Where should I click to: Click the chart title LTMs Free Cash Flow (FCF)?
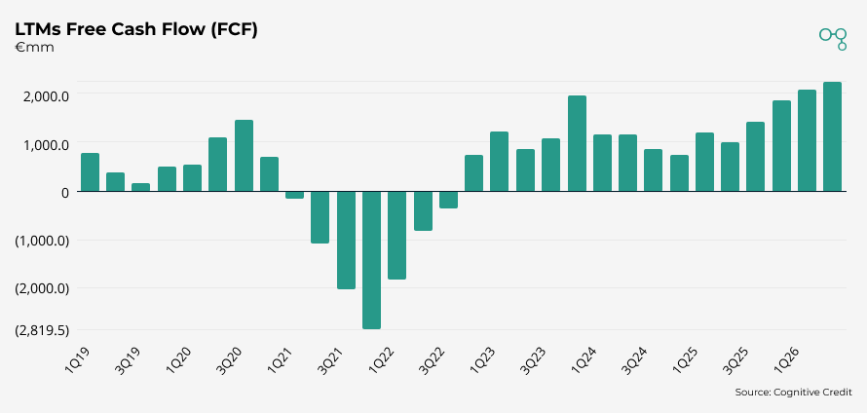click(x=135, y=29)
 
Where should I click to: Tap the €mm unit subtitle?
click(x=34, y=47)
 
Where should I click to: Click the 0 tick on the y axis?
click(x=63, y=192)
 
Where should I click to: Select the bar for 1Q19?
click(x=90, y=172)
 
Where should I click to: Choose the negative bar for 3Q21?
click(x=346, y=240)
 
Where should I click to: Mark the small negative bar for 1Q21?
click(x=294, y=195)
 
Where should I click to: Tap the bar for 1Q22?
click(x=396, y=236)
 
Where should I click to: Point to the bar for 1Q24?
click(x=602, y=164)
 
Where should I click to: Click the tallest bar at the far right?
click(x=832, y=137)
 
